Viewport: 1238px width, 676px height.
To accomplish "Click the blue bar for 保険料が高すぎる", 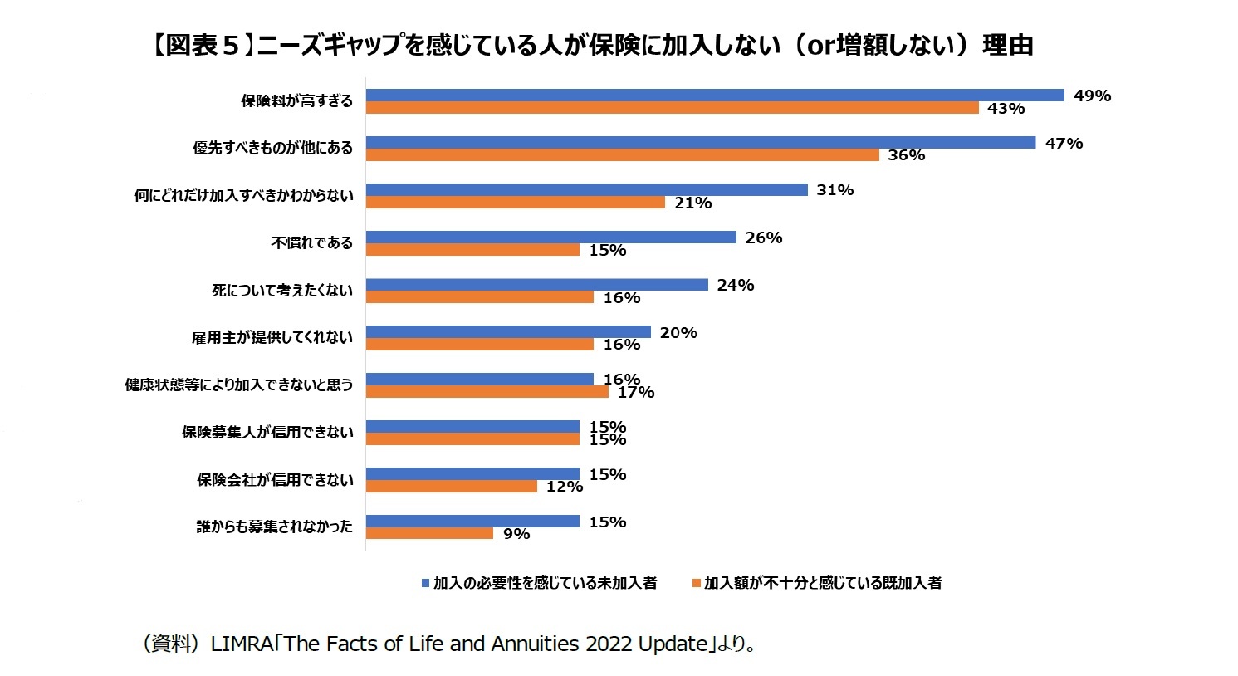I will point(714,96).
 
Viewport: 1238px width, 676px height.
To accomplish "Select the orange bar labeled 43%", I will point(672,108).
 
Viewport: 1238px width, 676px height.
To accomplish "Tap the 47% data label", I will point(1064,144).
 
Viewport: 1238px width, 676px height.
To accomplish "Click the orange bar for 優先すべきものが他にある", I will point(622,155).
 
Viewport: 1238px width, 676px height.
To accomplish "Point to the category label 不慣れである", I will point(311,243).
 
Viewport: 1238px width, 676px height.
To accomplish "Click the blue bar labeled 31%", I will point(586,190).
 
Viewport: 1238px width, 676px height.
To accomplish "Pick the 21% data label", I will point(692,203).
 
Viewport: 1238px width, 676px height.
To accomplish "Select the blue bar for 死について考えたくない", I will point(536,285).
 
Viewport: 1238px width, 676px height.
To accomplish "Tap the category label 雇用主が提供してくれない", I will point(272,338).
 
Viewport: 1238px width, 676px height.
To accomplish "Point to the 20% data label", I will point(678,333).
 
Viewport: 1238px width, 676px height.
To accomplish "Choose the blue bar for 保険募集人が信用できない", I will point(472,427).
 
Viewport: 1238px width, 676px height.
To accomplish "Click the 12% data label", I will point(564,487).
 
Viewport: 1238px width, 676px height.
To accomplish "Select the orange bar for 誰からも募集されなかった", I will point(429,534).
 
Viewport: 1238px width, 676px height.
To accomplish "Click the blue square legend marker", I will point(425,584).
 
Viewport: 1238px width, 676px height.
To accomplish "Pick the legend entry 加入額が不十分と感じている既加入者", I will point(822,584).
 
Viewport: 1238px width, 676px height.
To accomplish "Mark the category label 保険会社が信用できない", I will point(275,480).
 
